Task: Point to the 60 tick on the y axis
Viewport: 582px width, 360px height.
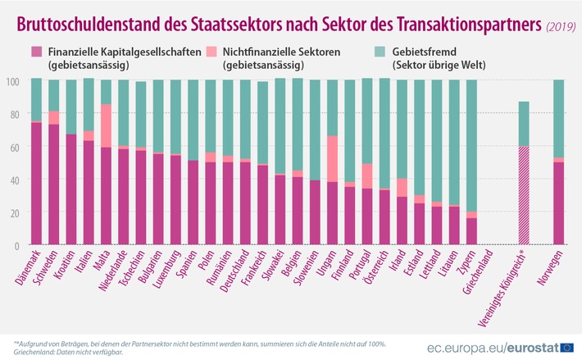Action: pyautogui.click(x=11, y=147)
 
